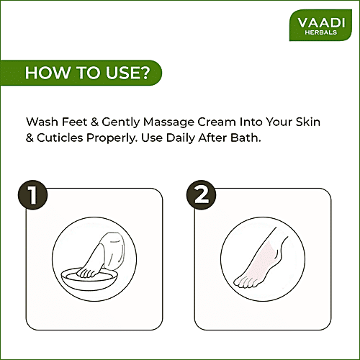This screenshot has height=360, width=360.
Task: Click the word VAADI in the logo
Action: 319,23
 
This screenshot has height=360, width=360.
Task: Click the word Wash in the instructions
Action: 40,122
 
